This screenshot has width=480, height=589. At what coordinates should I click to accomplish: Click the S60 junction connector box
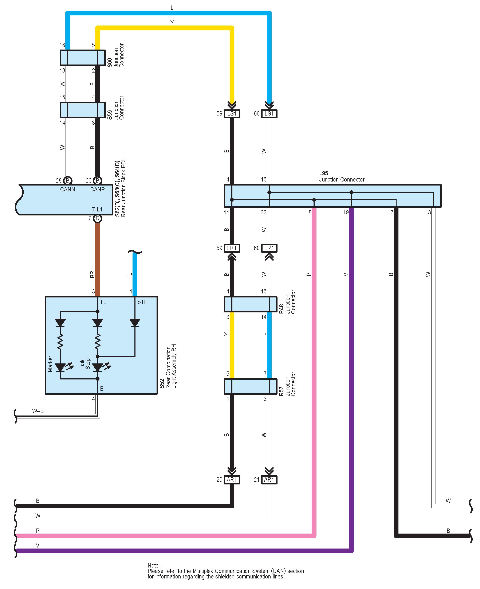[x=83, y=58]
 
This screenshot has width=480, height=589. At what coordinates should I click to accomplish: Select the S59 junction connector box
[x=83, y=110]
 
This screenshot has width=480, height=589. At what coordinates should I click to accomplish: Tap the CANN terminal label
[x=67, y=190]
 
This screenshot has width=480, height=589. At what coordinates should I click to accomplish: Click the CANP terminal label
[x=97, y=190]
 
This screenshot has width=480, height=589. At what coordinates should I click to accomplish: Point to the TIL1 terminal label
[x=97, y=209]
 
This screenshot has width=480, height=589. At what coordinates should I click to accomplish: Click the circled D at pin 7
[x=97, y=219]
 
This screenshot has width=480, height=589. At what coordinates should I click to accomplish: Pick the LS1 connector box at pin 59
[x=232, y=114]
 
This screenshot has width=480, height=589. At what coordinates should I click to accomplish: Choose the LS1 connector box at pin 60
[x=269, y=114]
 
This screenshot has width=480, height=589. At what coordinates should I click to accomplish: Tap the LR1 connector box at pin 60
[x=269, y=248]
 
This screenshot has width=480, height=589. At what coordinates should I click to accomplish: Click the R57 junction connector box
[x=251, y=386]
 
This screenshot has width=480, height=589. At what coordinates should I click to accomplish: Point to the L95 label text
[x=323, y=173]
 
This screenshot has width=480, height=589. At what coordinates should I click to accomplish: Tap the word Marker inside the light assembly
[x=50, y=364]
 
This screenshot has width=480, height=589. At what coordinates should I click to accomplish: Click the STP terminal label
[x=142, y=302]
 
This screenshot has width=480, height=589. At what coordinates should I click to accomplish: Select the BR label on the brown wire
[x=92, y=274]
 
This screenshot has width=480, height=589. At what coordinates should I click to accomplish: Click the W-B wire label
[x=38, y=411]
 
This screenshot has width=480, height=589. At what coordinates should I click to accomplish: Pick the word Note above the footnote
[x=153, y=565]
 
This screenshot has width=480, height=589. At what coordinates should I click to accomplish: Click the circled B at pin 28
[x=67, y=181]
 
